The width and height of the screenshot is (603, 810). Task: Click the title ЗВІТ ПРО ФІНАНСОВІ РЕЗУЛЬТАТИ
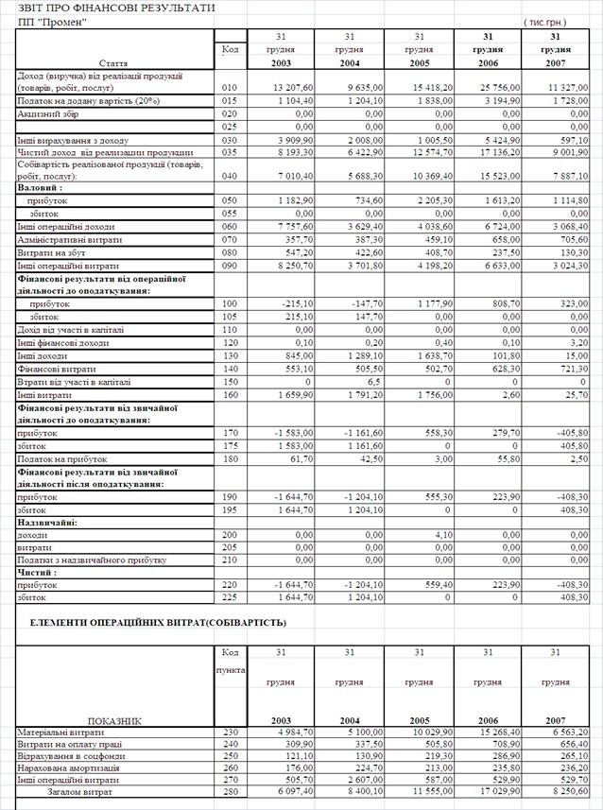(109, 8)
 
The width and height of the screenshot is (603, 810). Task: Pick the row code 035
(229, 151)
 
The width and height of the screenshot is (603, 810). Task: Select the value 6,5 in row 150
(347, 382)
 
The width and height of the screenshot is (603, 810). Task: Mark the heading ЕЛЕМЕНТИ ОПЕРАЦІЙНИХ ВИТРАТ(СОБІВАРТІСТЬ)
(158, 623)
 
